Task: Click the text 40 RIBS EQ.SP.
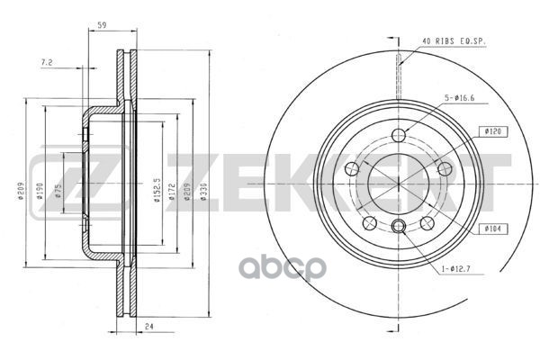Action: click(x=454, y=40)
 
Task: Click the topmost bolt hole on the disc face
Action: click(x=399, y=135)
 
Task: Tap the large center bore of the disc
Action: click(x=398, y=180)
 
